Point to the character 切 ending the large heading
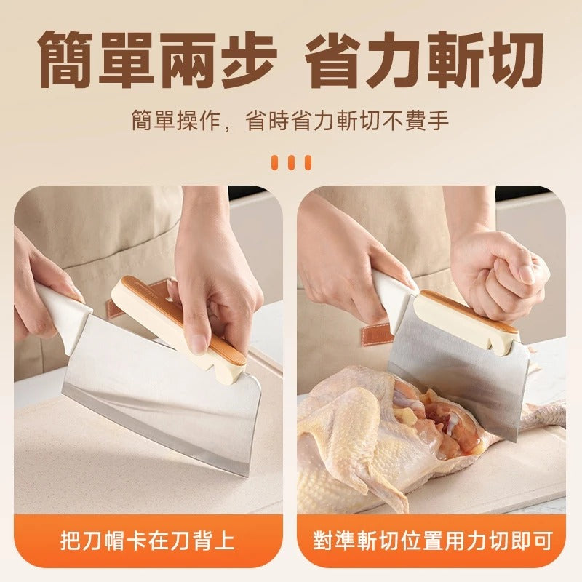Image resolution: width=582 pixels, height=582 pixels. (x=514, y=60)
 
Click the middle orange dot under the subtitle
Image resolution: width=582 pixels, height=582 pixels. (x=292, y=162)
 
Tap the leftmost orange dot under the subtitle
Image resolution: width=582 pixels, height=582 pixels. (x=275, y=162)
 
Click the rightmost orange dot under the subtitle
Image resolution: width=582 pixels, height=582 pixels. (x=308, y=162)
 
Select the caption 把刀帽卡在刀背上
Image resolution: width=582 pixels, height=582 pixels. (x=148, y=541)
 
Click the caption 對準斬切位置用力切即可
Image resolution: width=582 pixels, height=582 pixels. (x=432, y=541)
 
